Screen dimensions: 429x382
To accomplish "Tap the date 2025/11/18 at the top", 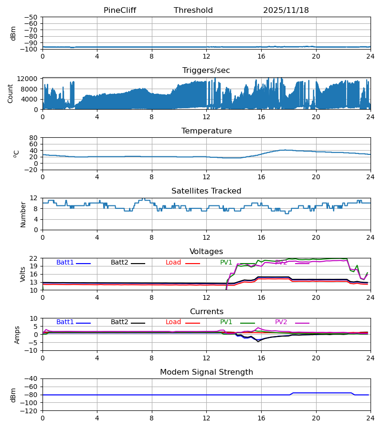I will click(x=286, y=10).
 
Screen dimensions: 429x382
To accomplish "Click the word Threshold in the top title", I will click(x=193, y=10).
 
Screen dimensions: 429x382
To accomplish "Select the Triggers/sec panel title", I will click(x=206, y=71).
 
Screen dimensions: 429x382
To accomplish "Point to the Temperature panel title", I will click(x=206, y=131).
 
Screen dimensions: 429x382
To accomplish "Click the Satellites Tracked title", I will click(x=206, y=191).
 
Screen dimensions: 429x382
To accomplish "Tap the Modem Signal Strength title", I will click(x=206, y=372).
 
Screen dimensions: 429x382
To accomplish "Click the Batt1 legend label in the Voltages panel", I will click(x=65, y=263).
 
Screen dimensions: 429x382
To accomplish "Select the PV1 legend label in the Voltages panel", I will click(x=226, y=263).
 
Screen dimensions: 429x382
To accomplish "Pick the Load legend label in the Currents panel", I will click(x=173, y=322).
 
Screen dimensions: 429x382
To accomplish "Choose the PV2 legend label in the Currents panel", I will click(x=281, y=322).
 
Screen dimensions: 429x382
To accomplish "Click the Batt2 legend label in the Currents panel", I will click(x=119, y=322).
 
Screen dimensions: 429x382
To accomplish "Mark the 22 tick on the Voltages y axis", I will click(x=34, y=258).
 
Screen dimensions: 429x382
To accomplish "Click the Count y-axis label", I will click(x=11, y=93).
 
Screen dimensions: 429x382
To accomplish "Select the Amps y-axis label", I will click(x=18, y=335).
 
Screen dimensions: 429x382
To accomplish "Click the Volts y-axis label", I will click(x=23, y=274).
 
